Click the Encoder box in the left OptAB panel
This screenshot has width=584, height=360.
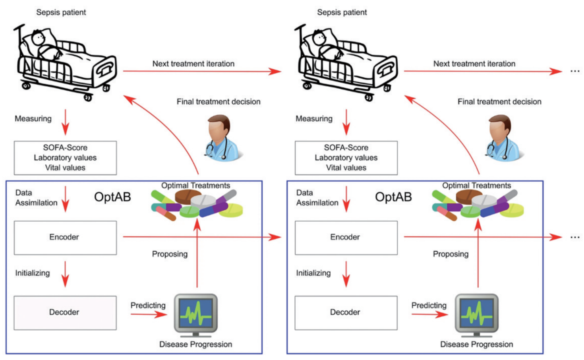tap(65, 238)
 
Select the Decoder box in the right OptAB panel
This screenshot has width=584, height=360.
tap(346, 313)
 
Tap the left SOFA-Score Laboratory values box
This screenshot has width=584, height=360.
tap(65, 158)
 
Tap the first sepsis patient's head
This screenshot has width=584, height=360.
tap(38, 39)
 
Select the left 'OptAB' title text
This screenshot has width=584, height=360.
tap(112, 197)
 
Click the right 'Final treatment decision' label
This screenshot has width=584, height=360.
tap(499, 102)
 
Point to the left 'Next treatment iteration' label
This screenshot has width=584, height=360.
tap(193, 64)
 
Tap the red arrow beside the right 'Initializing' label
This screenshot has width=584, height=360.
tap(346, 274)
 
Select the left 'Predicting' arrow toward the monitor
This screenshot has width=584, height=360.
tap(149, 314)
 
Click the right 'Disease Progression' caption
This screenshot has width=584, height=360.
tap(476, 345)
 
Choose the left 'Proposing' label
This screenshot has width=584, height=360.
tap(170, 254)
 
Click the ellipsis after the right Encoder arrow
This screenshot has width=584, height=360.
tap(575, 237)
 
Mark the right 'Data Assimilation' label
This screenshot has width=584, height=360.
tap(317, 198)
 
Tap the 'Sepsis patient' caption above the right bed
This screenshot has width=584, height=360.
tap(342, 12)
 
